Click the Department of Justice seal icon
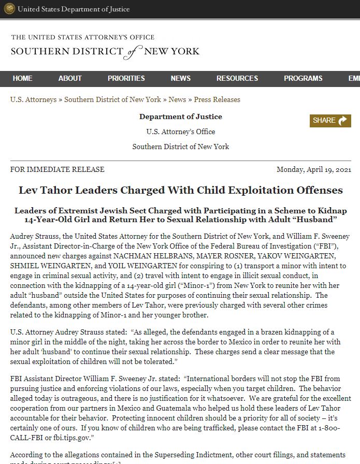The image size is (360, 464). (9, 9)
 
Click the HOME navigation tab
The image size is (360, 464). (22, 78)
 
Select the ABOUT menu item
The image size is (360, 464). (70, 78)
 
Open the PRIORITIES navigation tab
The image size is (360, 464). (126, 78)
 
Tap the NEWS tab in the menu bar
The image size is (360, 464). (181, 78)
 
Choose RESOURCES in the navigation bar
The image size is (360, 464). (237, 78)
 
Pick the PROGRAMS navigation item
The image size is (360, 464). (303, 78)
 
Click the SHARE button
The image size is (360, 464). (330, 121)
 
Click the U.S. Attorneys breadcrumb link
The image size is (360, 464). (33, 99)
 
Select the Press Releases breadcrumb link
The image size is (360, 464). (217, 99)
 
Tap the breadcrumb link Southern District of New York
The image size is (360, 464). (112, 99)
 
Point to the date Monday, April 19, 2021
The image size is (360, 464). (314, 169)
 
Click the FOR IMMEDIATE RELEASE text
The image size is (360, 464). (57, 169)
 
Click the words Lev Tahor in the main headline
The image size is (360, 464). (45, 190)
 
